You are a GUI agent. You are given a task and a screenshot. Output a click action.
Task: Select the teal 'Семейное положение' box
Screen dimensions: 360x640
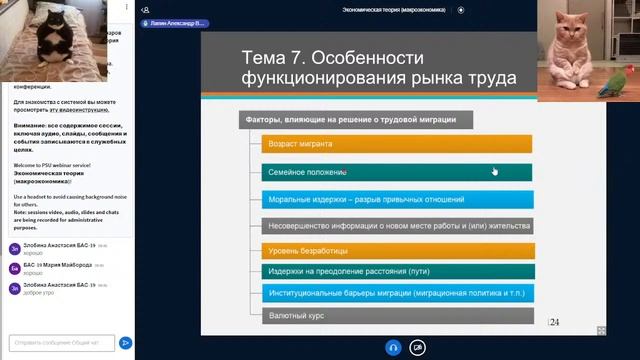point(397,172)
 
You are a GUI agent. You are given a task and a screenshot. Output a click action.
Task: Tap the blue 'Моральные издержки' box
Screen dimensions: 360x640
point(397,199)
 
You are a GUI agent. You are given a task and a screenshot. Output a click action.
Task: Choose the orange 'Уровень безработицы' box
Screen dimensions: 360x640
point(397,249)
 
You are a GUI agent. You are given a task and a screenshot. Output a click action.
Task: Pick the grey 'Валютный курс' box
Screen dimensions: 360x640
point(397,316)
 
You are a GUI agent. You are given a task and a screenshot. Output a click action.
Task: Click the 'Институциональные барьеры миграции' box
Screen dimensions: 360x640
point(397,293)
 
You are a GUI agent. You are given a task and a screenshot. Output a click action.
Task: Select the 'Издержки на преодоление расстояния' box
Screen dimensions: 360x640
point(397,271)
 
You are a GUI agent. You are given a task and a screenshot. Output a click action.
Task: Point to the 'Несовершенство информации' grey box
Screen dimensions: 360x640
point(397,225)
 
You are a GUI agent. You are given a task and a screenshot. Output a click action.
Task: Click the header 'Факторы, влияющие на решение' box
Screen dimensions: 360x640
point(355,120)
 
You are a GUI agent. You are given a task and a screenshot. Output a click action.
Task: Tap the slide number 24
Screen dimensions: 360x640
point(554,322)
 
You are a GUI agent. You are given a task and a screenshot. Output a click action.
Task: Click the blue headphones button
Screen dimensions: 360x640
point(393,347)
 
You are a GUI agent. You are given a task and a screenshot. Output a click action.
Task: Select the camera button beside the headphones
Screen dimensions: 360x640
point(418,347)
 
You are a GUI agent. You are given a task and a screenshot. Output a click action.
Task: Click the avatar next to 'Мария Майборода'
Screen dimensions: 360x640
point(14,268)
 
